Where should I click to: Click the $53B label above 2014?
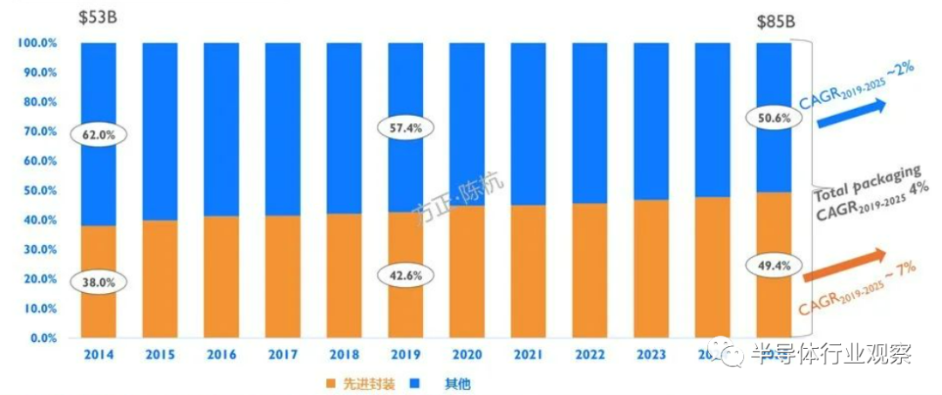point(99,17)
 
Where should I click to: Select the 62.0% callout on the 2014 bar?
point(99,135)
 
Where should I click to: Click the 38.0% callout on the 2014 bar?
point(99,282)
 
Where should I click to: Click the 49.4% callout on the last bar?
point(773,264)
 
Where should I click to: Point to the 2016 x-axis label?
point(222,355)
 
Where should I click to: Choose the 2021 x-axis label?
point(529,355)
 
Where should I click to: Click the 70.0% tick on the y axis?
point(38,132)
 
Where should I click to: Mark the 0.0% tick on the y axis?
point(41,337)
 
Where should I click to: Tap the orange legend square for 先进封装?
point(331,383)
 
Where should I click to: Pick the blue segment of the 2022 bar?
point(590,122)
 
